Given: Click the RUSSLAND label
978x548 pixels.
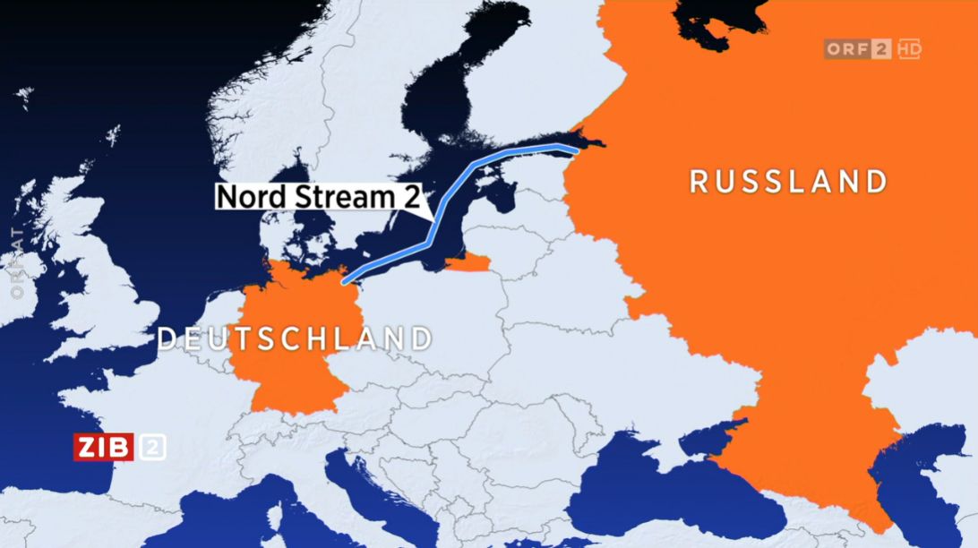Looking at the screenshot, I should [x=788, y=182].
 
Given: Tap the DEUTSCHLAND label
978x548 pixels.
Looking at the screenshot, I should [x=295, y=338].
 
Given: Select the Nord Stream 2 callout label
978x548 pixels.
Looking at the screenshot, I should [x=318, y=196].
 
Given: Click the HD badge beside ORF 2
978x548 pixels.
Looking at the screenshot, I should [x=909, y=49].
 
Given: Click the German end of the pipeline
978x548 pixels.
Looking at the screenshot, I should [x=345, y=280].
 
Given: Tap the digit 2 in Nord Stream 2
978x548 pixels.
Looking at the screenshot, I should [x=410, y=196].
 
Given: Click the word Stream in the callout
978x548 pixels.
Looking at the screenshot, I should [x=338, y=196].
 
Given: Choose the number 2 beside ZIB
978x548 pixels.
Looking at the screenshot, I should [x=151, y=446].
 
